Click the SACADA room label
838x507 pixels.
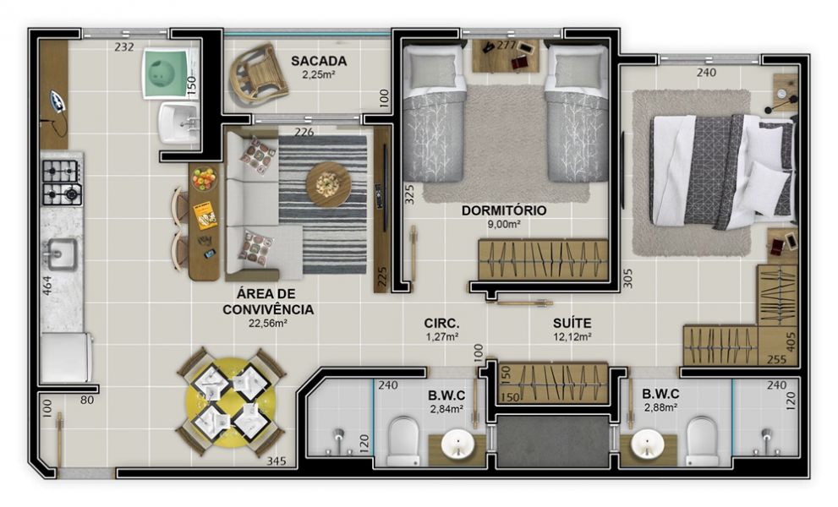pos(319,61)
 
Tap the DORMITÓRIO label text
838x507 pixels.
pos(504,210)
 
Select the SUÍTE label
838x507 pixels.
pos(572,324)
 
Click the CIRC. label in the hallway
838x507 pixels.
pos(441,324)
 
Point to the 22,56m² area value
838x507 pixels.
pos(268,324)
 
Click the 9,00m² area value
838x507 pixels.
pos(504,225)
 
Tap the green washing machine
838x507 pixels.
pos(167,74)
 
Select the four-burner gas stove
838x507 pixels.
pos(62,183)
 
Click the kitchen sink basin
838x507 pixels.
pos(60,253)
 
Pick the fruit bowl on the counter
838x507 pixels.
pos(204,179)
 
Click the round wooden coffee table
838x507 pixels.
pos(329,185)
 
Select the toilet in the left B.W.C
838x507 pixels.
pos(403,441)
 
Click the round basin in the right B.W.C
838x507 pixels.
pos(647,445)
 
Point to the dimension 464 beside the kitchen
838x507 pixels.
pos(47,286)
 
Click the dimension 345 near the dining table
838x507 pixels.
pos(277,461)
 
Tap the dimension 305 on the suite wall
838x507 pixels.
pos(628,278)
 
